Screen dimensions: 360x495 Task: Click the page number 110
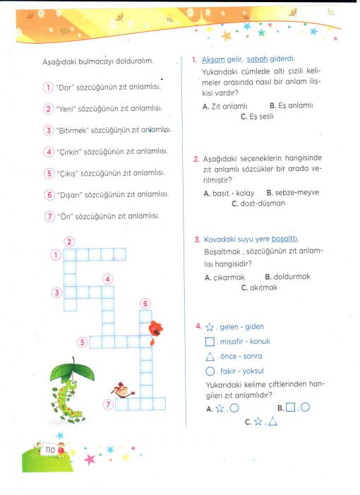(50, 450)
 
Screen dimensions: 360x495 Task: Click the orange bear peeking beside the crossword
(155, 332)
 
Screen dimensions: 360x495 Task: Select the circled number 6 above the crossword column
(145, 304)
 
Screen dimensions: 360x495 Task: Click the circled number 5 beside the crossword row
(83, 342)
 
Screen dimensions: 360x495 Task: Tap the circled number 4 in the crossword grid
(107, 279)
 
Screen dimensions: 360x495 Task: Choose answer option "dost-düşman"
(258, 203)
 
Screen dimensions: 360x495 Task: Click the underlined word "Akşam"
(213, 59)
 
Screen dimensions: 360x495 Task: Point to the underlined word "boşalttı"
(284, 239)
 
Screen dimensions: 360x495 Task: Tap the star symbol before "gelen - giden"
(210, 327)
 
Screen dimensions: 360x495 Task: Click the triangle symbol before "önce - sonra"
(210, 357)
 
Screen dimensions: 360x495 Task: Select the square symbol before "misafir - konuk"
(210, 342)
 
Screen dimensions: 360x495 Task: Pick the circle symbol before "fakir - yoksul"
(210, 371)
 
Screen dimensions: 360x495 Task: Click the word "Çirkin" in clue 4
(68, 152)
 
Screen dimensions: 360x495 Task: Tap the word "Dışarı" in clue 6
(69, 195)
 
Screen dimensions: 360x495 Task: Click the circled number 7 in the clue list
(49, 216)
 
